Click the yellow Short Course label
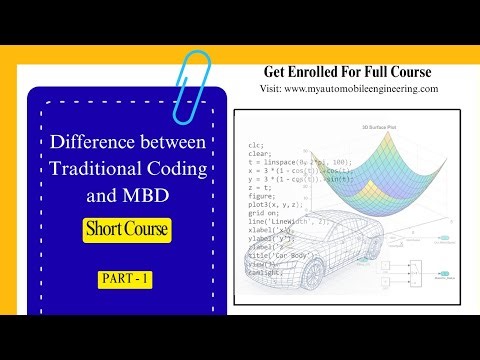coord(126,229)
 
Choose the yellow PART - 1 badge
coord(126,279)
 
